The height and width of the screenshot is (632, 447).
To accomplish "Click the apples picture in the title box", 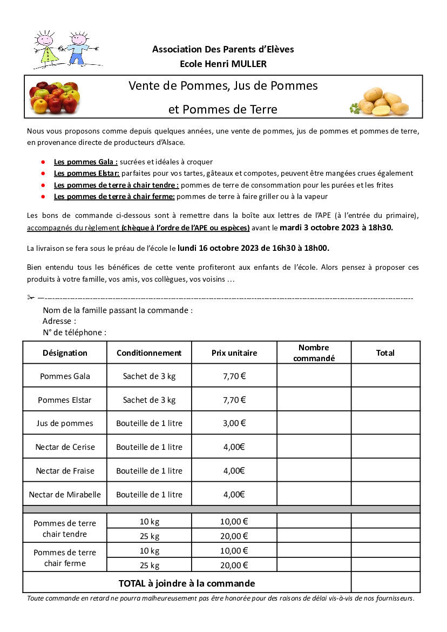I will click(54, 97).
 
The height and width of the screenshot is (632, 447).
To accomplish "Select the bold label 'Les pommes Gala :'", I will click(85, 162).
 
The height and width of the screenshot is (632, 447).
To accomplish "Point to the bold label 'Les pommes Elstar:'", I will click(86, 174).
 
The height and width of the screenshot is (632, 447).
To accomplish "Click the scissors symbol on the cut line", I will click(31, 297).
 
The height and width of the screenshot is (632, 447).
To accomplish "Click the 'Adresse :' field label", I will click(59, 321).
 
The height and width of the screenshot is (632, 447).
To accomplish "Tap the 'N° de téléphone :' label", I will click(74, 332).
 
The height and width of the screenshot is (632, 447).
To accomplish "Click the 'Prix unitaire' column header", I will click(234, 353).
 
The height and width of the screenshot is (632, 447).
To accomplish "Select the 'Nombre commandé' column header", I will click(314, 352).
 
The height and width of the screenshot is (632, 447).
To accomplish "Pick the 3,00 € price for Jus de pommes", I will click(234, 423).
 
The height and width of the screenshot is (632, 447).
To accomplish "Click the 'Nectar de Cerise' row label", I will click(65, 447).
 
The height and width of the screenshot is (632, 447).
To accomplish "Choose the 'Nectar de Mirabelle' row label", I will click(65, 494).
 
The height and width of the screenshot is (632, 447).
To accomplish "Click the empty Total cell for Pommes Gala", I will click(385, 376).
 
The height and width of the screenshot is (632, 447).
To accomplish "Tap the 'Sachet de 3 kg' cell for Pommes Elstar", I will click(149, 400).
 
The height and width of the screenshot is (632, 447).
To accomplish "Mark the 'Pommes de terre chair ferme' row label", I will click(65, 558).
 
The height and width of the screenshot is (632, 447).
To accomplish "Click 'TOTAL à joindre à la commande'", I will click(187, 583).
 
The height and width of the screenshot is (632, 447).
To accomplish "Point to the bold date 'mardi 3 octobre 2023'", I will click(320, 228).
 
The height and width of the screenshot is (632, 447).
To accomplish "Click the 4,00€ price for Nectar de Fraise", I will click(234, 470).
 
